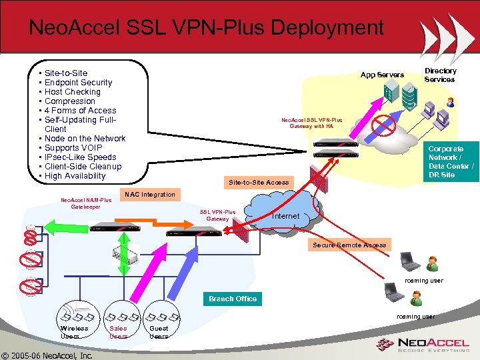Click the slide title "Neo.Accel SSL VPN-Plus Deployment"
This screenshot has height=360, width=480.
pos(206,28)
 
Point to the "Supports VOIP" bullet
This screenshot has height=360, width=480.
pos(73,148)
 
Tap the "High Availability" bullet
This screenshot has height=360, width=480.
pos(75,176)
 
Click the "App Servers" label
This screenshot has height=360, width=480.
pos(382,75)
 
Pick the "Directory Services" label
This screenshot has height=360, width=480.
pos(440,75)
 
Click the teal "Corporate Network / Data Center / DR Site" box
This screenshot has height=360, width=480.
pos(451,161)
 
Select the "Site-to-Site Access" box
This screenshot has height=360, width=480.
pos(259,182)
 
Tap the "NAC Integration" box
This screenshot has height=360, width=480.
pos(149,195)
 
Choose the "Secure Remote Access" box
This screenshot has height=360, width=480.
pos(349,245)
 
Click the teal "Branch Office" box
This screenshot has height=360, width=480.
pos(232,299)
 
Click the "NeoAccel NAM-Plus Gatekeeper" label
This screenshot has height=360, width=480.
pos(86,203)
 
